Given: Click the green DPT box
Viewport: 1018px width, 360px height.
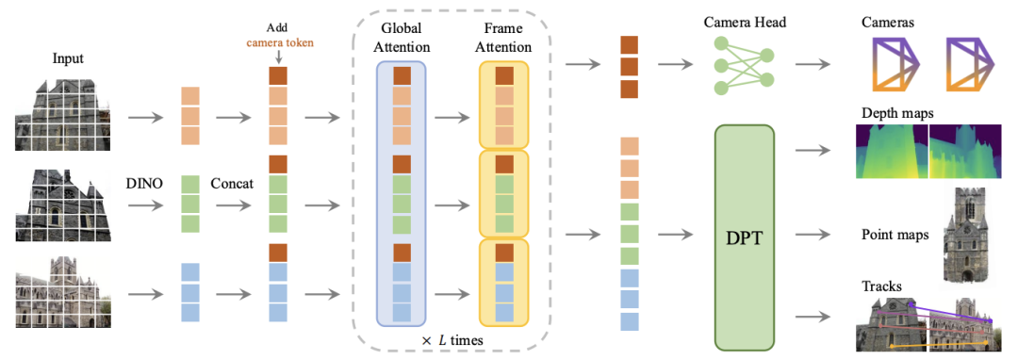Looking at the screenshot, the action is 744,237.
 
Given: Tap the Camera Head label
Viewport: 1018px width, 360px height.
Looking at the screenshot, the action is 744,23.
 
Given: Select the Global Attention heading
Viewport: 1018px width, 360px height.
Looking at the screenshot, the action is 402,38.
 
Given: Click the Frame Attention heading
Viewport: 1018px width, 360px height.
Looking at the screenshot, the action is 503,38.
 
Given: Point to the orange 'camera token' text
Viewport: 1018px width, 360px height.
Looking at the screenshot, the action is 277,42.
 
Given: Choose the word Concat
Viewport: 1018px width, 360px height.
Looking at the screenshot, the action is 232,184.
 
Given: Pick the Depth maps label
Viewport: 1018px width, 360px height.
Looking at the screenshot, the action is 898,113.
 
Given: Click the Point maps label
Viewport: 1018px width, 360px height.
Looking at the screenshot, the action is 894,234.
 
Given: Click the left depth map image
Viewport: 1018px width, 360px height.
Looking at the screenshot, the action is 892,151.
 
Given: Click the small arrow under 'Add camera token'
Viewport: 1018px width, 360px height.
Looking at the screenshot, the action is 277,57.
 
